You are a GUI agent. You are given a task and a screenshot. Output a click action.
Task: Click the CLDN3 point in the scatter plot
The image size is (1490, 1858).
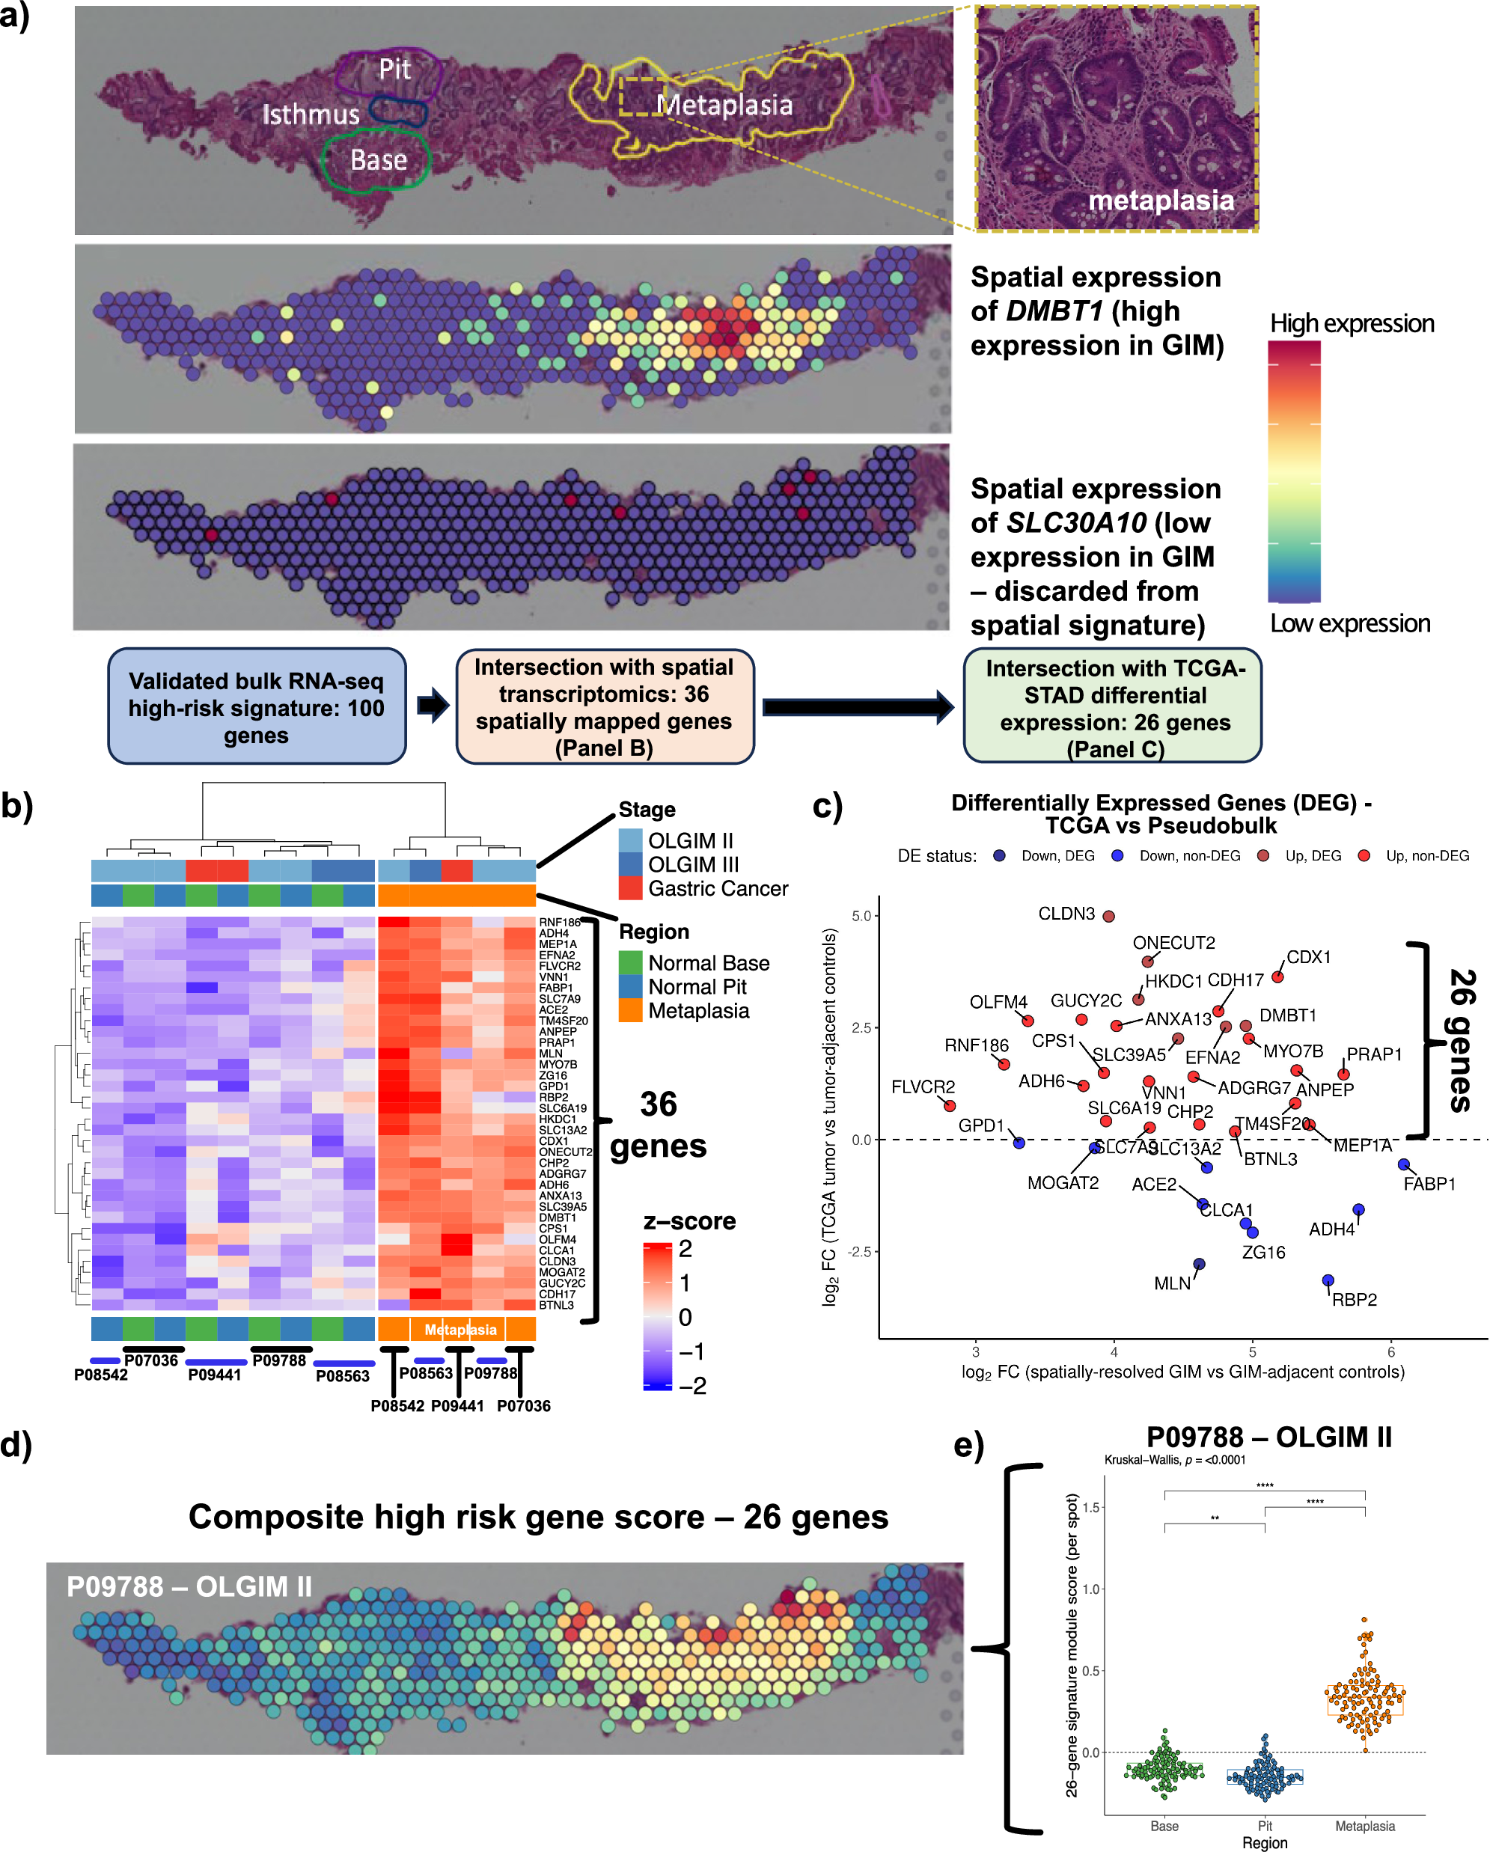tap(1109, 916)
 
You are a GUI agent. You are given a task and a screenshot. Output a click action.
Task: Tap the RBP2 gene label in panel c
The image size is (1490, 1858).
tap(1354, 1300)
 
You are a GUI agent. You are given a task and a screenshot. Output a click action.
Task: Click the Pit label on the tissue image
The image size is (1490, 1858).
tap(394, 69)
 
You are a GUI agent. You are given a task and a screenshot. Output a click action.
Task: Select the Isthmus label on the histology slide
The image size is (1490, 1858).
tap(311, 114)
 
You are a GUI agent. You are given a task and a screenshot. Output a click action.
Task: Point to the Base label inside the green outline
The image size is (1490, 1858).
tap(379, 160)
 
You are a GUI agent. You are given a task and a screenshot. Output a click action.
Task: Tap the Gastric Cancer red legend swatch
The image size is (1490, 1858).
tap(631, 888)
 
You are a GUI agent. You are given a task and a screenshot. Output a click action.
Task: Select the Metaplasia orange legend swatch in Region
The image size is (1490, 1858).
tap(631, 1011)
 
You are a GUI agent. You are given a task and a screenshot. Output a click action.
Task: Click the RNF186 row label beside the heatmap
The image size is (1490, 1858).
tap(559, 922)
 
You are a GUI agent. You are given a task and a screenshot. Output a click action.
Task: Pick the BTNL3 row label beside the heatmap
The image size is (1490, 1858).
tap(556, 1305)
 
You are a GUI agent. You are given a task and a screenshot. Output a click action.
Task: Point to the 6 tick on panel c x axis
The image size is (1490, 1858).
tap(1391, 1352)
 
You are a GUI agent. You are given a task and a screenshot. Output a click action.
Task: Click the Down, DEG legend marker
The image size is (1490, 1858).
tap(1000, 856)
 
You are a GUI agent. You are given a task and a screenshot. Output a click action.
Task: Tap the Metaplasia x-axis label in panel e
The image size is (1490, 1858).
tap(1364, 1826)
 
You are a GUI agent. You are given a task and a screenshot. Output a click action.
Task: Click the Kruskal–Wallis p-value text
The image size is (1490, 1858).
tap(1175, 1460)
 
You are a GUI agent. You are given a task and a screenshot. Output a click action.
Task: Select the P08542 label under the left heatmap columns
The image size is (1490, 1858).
tap(101, 1375)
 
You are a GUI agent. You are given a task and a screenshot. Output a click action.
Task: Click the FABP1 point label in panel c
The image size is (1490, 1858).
tap(1429, 1184)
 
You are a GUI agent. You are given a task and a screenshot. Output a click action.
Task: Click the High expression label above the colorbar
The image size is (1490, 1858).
tap(1352, 323)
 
